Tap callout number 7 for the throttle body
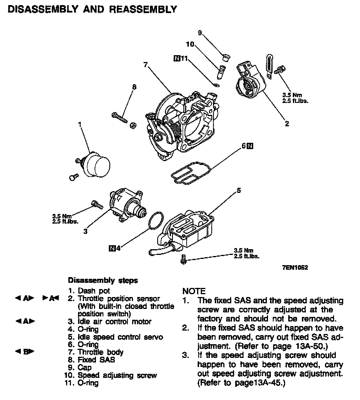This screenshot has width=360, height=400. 146,65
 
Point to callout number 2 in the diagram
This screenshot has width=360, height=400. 287,124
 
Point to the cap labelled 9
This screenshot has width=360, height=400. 226,58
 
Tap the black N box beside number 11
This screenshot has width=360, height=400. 176,59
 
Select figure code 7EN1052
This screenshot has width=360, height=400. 295,268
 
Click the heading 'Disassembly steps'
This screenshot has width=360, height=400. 103,281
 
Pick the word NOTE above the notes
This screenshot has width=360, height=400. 194,291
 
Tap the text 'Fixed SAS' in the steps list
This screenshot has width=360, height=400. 96,360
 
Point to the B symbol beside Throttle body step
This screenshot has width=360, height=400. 25,352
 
